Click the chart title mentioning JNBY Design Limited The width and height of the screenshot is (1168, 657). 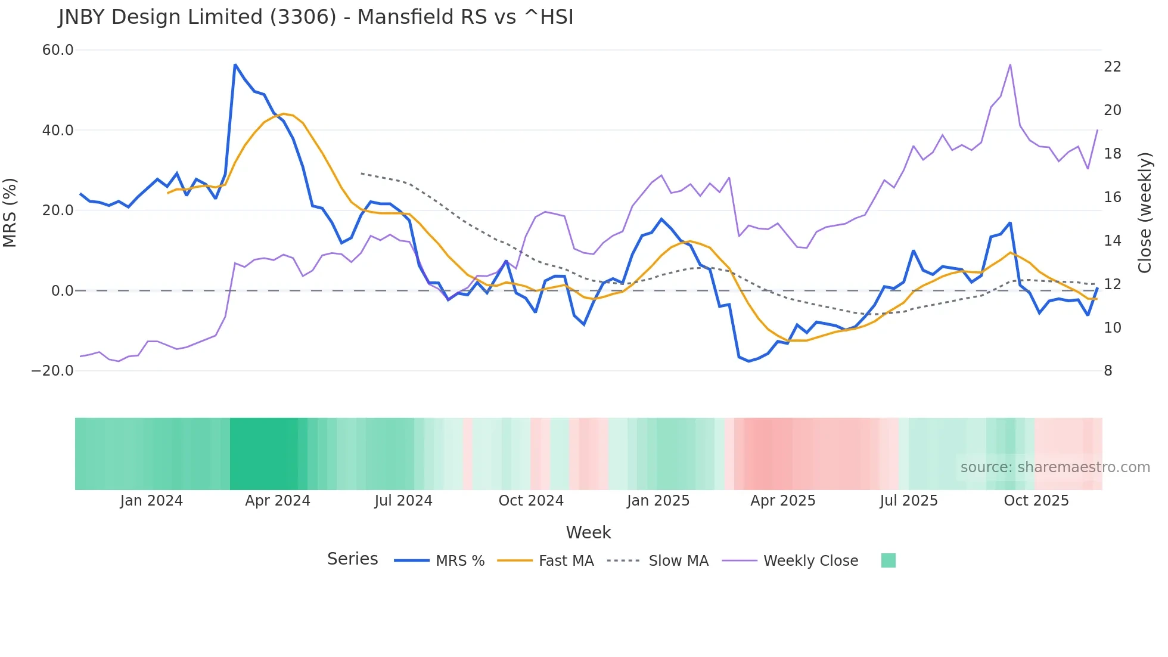(316, 17)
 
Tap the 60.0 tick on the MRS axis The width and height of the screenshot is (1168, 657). (58, 50)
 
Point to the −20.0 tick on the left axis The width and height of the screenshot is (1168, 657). (52, 371)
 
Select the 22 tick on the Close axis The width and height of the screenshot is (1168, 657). (1112, 67)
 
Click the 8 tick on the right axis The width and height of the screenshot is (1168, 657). (1108, 371)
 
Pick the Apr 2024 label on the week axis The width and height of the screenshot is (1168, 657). (278, 501)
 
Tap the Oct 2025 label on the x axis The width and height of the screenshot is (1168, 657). (1036, 501)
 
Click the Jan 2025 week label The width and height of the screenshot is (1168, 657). (658, 501)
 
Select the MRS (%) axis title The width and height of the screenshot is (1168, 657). (10, 212)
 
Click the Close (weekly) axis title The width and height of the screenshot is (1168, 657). (1145, 212)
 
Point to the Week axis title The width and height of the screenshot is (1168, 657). (588, 532)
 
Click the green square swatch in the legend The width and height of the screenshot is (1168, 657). (888, 560)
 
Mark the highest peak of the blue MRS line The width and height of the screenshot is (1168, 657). (235, 64)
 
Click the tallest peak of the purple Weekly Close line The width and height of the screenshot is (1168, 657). (1010, 64)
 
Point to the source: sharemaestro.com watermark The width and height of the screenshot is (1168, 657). (1055, 467)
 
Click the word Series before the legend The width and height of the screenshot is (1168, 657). (352, 559)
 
